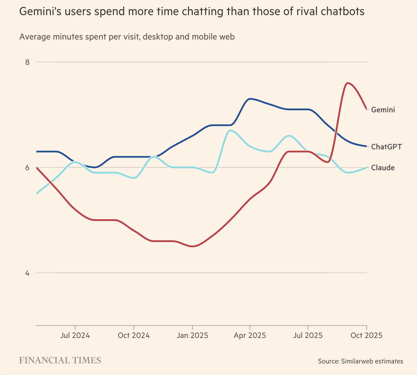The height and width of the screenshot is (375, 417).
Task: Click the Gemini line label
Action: [x=383, y=110]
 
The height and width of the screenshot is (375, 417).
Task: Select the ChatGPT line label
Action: [x=386, y=147]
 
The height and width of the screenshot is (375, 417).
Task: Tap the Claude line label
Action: [x=383, y=168]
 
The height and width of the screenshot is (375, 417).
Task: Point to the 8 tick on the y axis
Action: [x=27, y=62]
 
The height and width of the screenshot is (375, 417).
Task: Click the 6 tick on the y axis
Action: [x=27, y=168]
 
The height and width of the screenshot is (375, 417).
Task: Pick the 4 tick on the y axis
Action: [x=27, y=273]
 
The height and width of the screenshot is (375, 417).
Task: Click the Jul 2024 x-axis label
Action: [x=75, y=335]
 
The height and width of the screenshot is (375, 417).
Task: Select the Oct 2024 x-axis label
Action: [x=134, y=335]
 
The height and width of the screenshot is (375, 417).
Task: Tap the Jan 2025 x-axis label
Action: [x=192, y=335]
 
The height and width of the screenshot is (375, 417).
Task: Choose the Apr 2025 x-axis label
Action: [x=250, y=335]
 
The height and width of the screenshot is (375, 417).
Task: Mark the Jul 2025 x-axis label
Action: [x=308, y=335]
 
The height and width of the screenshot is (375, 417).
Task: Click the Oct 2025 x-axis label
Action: [x=367, y=335]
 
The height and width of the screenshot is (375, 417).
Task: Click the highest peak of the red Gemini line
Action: [x=348, y=83]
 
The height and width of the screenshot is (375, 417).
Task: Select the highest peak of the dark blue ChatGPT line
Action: [x=250, y=99]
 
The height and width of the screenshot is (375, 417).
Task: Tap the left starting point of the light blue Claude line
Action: [x=37, y=194]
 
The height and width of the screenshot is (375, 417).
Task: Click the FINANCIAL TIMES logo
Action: [x=60, y=360]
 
